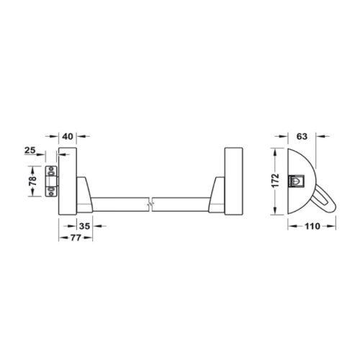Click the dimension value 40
[x=68, y=136]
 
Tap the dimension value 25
[x=30, y=150]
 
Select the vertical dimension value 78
[x=32, y=181]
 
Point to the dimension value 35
[x=84, y=226]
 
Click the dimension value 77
[x=76, y=238]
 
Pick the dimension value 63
[x=302, y=136]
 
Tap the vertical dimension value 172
[x=276, y=181]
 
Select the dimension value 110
[x=312, y=226]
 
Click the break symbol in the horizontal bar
[x=150, y=204]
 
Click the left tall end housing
[x=68, y=181]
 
